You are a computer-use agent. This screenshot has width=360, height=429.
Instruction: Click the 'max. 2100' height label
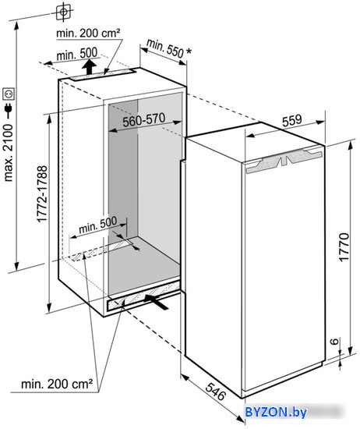9,153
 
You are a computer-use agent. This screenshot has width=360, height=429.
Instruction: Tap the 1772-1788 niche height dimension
42,194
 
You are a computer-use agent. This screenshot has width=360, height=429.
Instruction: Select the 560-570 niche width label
144,120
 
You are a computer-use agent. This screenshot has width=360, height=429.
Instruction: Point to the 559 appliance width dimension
292,120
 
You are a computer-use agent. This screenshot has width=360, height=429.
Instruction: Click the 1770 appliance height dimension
344,247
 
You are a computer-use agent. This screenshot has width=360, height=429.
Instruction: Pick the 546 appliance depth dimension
216,392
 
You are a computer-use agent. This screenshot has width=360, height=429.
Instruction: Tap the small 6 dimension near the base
334,341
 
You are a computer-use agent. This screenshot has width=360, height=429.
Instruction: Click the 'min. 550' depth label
165,48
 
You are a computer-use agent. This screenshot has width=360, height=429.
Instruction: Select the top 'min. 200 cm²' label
88,33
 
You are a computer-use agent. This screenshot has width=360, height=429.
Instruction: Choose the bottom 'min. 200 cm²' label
57,384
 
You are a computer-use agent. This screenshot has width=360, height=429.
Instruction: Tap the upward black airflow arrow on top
89,67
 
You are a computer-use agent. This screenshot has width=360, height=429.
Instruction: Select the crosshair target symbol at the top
63,12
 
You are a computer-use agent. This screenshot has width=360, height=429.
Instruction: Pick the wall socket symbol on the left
9,94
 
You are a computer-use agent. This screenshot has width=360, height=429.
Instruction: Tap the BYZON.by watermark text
276,412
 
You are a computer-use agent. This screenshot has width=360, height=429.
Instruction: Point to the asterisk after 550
189,51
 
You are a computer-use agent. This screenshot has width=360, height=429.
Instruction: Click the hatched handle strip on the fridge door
284,161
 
